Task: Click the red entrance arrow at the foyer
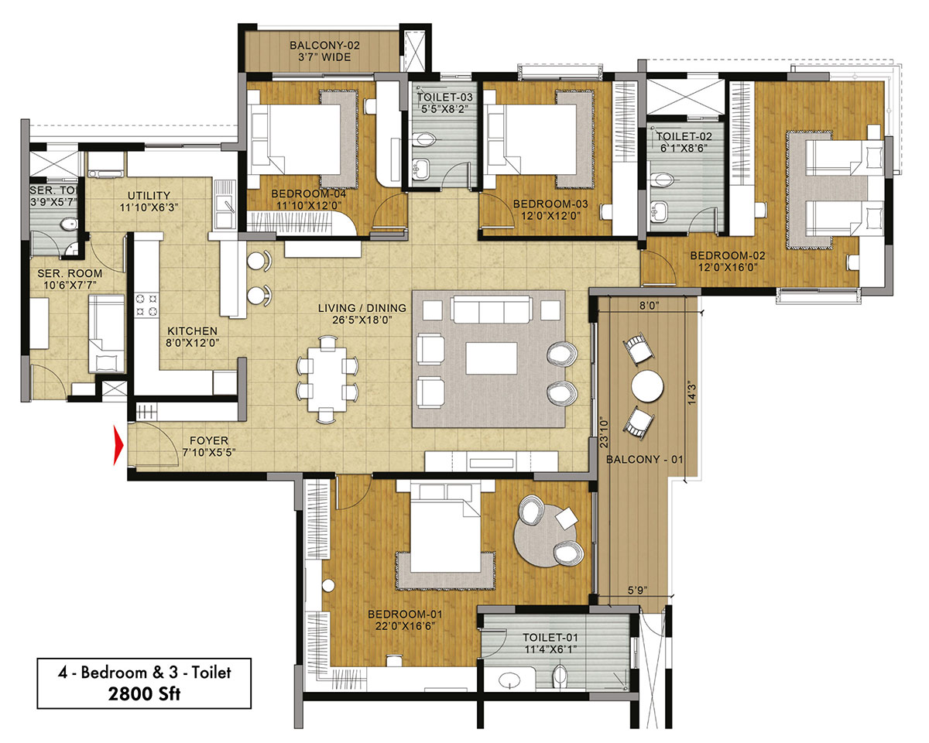pyautogui.click(x=118, y=445)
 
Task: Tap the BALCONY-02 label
pyautogui.click(x=324, y=46)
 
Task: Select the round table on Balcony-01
pyautogui.click(x=646, y=385)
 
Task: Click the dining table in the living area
pyautogui.click(x=327, y=379)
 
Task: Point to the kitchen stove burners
pyautogui.click(x=146, y=305)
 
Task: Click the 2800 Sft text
pyautogui.click(x=144, y=693)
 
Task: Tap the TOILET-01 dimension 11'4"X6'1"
pyautogui.click(x=550, y=649)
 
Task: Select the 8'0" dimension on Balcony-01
pyautogui.click(x=649, y=306)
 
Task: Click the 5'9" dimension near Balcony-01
pyautogui.click(x=636, y=591)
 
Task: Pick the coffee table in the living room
pyautogui.click(x=492, y=358)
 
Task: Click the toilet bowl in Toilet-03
pyautogui.click(x=423, y=139)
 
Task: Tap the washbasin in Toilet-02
pyautogui.click(x=657, y=211)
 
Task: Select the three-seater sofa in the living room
pyautogui.click(x=491, y=309)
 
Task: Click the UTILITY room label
pyautogui.click(x=149, y=196)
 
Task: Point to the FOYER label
pyautogui.click(x=209, y=440)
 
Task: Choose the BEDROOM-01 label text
pyautogui.click(x=405, y=614)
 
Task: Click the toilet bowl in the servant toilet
pyautogui.click(x=69, y=224)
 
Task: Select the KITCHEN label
pyautogui.click(x=192, y=331)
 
